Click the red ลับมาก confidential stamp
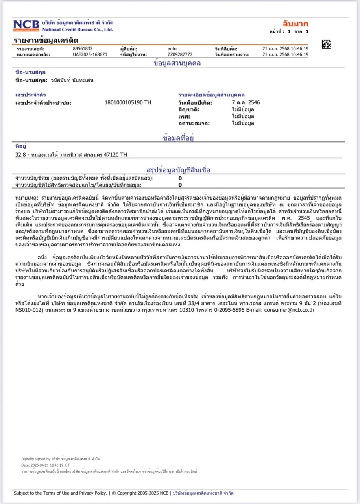pyautogui.click(x=295, y=24)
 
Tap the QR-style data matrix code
pyautogui.click(x=326, y=44)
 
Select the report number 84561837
pyautogui.click(x=83, y=48)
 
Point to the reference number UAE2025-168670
pyautogui.click(x=90, y=54)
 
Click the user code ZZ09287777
pyautogui.click(x=180, y=54)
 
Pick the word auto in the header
pyautogui.click(x=172, y=48)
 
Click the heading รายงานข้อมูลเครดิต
pyautogui.click(x=46, y=40)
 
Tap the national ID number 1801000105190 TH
pyautogui.click(x=128, y=102)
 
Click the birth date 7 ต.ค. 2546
pyautogui.click(x=246, y=102)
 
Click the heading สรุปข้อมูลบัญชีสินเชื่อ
pyautogui.click(x=179, y=170)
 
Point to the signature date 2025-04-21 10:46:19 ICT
pyautogui.click(x=47, y=465)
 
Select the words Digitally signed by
pyautogui.click(x=36, y=459)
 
